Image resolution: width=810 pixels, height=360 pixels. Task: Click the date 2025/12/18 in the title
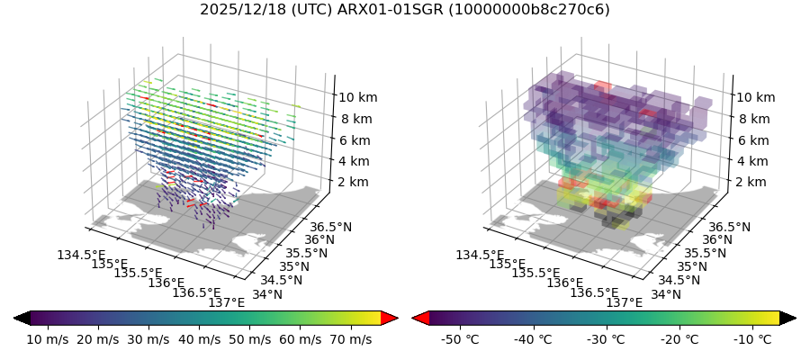[x=237, y=10]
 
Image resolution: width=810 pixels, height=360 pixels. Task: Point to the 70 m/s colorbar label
[x=349, y=339]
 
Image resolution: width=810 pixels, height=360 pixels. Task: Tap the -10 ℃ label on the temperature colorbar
[x=752, y=339]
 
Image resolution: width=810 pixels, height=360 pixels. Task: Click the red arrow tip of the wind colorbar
[x=390, y=318]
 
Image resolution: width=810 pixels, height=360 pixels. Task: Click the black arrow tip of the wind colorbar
[x=22, y=318]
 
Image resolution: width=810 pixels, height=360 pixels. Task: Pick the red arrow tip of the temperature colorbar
[x=419, y=318]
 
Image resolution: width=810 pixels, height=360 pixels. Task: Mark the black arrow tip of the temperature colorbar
[x=788, y=318]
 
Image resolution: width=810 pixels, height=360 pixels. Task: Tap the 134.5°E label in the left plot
[x=80, y=256]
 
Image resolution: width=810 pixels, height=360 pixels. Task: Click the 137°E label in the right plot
[x=625, y=302]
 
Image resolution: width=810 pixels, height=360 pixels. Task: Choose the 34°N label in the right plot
[x=666, y=293]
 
